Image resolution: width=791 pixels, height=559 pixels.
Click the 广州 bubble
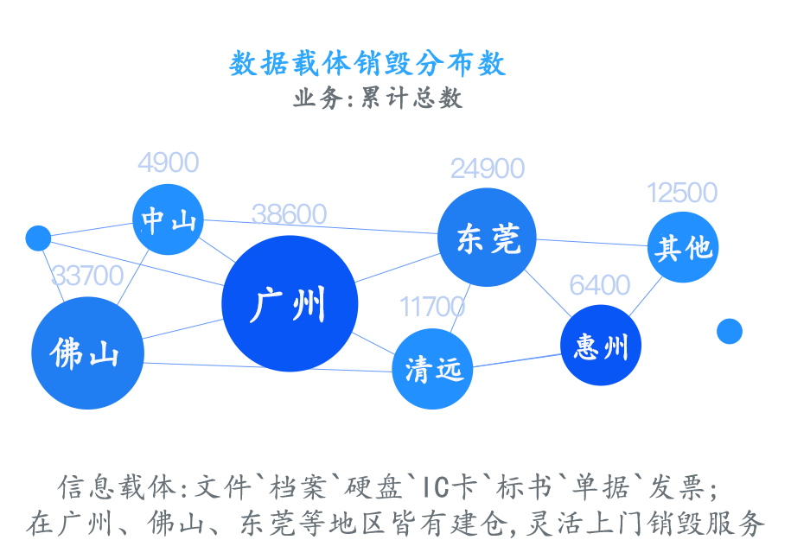point(290,303)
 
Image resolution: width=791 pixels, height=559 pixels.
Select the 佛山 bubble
point(86,353)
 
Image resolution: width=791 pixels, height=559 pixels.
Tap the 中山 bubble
point(168,219)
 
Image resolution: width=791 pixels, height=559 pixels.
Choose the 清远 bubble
point(433,369)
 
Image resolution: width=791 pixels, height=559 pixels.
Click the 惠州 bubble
point(600,346)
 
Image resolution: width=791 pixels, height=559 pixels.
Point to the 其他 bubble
point(683,247)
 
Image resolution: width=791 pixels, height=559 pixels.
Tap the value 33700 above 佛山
point(87,276)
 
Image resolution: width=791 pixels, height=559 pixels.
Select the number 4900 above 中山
point(168,162)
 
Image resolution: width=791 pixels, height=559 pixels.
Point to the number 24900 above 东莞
point(488,168)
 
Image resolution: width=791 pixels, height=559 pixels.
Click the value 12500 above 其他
point(682,192)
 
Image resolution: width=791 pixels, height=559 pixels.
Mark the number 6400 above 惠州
point(599,284)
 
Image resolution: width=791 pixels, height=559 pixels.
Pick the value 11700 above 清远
point(431,306)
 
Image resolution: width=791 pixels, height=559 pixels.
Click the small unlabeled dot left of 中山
point(38,238)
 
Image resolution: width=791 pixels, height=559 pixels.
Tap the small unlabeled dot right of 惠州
point(730,331)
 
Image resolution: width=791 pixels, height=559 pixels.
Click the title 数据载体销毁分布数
point(367,64)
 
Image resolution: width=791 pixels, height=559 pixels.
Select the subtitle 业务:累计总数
point(377,98)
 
